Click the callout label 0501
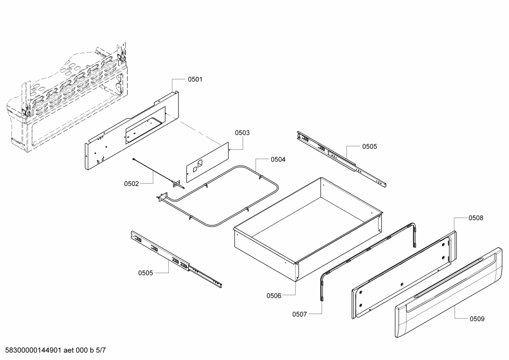point(195,79)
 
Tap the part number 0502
point(131,184)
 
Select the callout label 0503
point(242,133)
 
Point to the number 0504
point(278,160)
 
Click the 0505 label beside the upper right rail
point(370,146)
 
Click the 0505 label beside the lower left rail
point(145,273)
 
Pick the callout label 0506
point(274,296)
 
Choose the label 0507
point(300,314)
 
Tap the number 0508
point(476,218)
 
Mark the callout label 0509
point(477,319)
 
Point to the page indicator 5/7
point(101,350)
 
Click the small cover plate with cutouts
point(208,163)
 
